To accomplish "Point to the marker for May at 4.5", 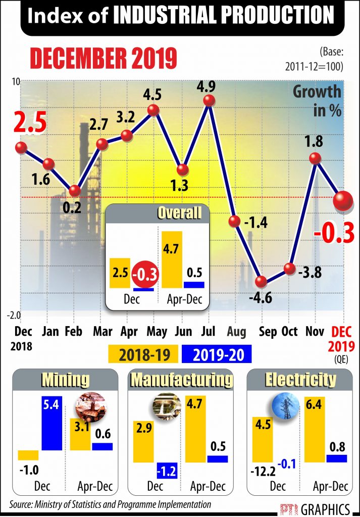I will coord(154,110).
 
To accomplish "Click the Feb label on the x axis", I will coord(75,332).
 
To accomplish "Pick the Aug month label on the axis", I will coord(236,332).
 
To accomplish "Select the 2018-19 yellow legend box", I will coord(143,354).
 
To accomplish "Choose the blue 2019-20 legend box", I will coord(216,354).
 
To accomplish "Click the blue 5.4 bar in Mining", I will coord(51,423).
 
